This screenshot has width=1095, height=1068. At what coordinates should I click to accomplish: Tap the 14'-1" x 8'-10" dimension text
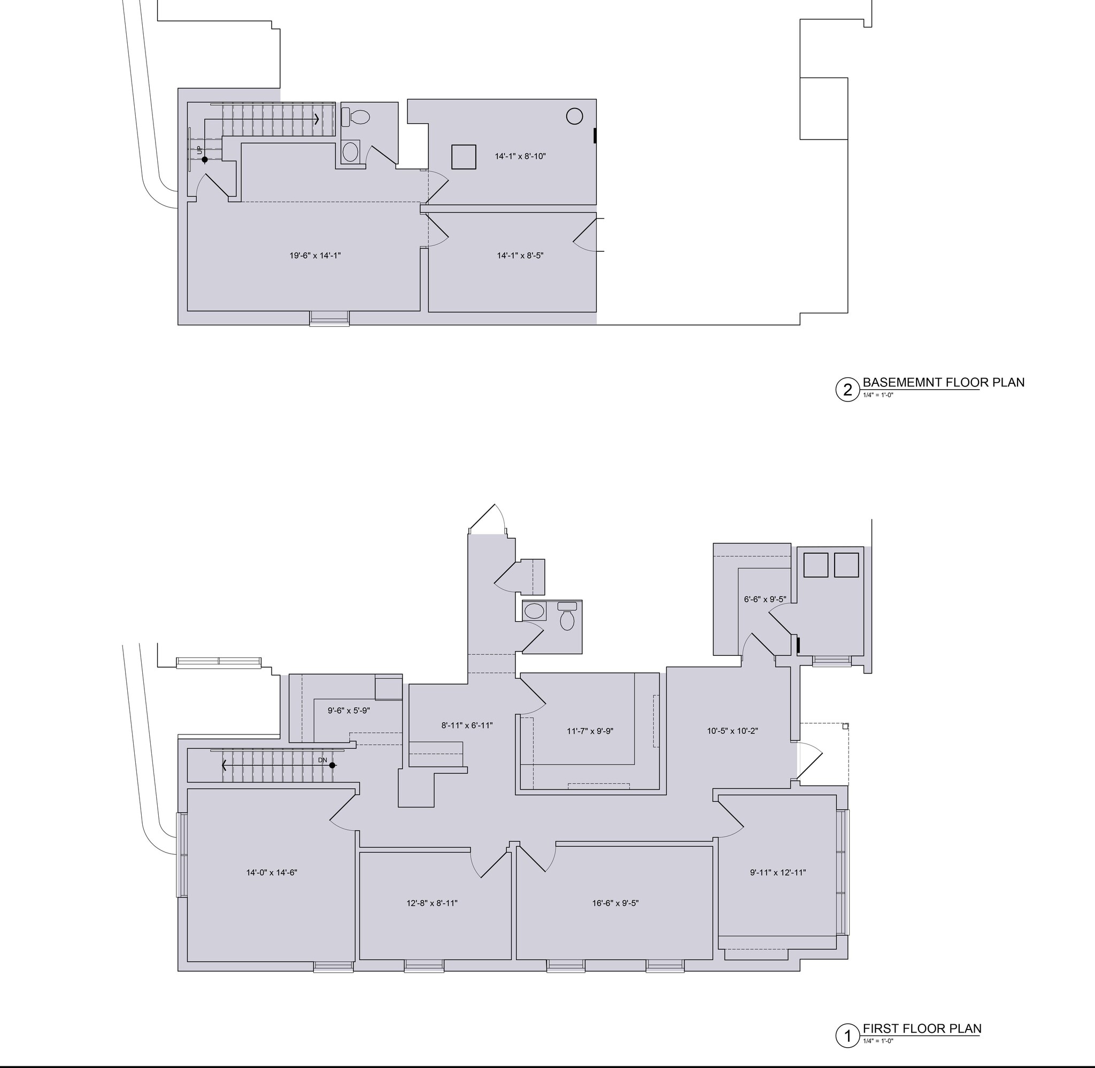(x=520, y=157)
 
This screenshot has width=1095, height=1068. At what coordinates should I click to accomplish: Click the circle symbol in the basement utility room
(x=574, y=117)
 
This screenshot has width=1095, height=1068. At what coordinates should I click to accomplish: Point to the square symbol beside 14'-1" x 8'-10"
(x=464, y=157)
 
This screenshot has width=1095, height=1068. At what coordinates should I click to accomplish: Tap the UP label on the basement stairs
(x=198, y=150)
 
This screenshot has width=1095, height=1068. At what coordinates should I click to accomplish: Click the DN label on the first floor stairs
(x=322, y=760)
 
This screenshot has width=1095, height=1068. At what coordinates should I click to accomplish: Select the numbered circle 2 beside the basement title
(x=847, y=389)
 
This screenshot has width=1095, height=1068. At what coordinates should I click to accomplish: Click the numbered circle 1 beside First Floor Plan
(x=847, y=1036)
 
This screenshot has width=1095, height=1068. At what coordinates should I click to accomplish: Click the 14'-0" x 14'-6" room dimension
(x=272, y=872)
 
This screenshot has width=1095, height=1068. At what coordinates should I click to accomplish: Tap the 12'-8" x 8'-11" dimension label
(x=432, y=903)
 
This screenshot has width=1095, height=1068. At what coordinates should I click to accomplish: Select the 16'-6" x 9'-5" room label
(x=615, y=903)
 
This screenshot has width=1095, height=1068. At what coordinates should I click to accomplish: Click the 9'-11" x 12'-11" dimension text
(x=777, y=872)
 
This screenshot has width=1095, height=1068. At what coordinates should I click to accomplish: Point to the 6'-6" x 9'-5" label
(x=765, y=599)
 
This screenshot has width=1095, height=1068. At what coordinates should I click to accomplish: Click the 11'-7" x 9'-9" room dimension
(x=590, y=731)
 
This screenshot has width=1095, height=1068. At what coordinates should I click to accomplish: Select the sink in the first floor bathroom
(x=534, y=611)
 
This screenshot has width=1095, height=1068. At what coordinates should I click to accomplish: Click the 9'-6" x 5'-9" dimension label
(x=349, y=711)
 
